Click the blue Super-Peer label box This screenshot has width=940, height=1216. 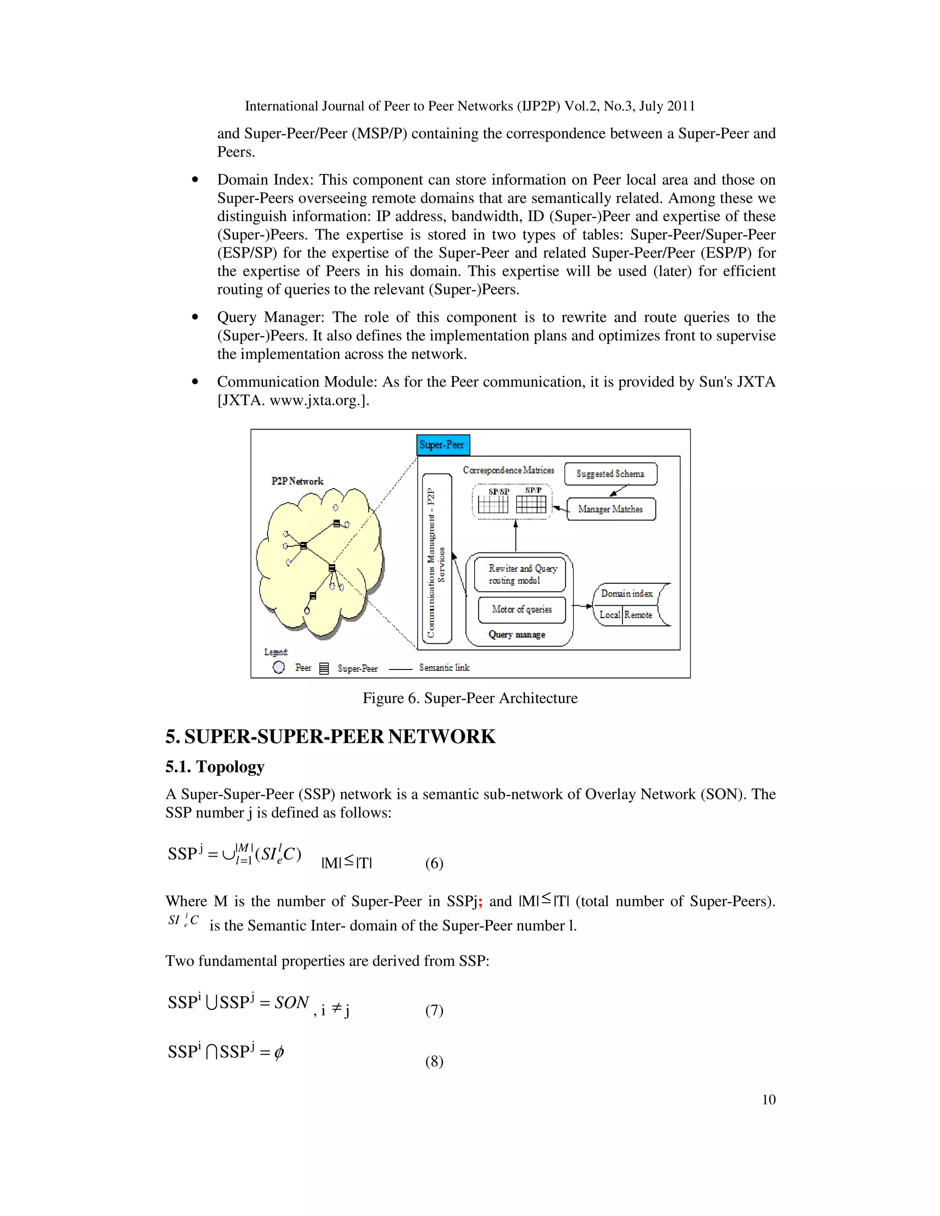443,445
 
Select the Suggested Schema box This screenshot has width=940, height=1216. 610,474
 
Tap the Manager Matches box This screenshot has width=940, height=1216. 611,509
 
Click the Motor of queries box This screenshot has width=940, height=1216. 522,610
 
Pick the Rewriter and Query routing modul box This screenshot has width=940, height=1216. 520,575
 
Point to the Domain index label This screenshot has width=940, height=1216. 627,593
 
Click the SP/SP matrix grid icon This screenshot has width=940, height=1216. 493,504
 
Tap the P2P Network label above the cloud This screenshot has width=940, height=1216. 297,481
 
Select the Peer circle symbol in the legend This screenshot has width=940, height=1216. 279,668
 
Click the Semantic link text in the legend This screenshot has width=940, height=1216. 444,668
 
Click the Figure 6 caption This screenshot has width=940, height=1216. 470,698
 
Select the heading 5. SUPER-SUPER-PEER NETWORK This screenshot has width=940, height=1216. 330,736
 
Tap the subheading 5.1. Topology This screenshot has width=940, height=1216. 215,767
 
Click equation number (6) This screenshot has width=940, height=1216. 434,864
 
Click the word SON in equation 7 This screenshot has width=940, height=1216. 291,1003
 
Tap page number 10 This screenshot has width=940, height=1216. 768,1099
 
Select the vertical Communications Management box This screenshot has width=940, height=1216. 437,558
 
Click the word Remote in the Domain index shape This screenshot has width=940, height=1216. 638,615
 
